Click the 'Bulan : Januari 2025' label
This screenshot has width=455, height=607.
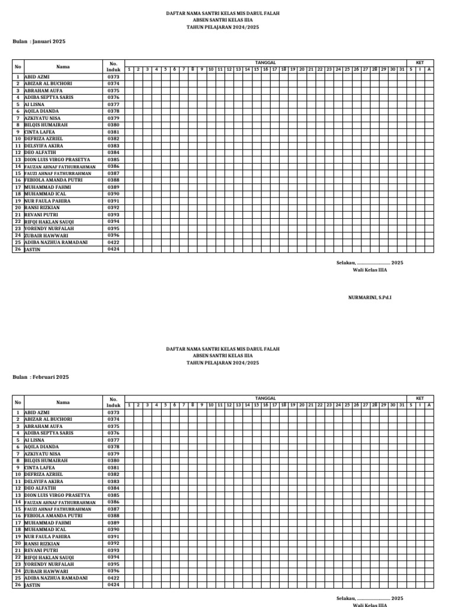(39, 41)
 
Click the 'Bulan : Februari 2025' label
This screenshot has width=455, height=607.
(41, 377)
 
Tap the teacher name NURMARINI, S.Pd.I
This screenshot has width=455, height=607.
(369, 297)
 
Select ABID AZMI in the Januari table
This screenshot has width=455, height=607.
(37, 77)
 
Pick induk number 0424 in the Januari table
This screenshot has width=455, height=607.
(113, 250)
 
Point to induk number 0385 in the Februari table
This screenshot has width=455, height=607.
(113, 495)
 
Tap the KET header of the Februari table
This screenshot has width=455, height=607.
(419, 398)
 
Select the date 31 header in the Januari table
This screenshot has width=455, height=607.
(402, 69)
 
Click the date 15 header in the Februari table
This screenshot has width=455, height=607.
(256, 405)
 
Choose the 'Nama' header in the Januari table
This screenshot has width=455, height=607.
(63, 66)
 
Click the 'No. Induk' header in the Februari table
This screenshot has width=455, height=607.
(113, 402)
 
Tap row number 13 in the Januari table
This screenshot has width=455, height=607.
(18, 159)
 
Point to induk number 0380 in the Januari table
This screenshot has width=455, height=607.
(113, 125)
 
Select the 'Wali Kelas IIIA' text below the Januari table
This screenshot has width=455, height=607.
(370, 270)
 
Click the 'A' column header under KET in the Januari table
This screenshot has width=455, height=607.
(429, 69)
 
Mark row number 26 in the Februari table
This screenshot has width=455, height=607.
(18, 584)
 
